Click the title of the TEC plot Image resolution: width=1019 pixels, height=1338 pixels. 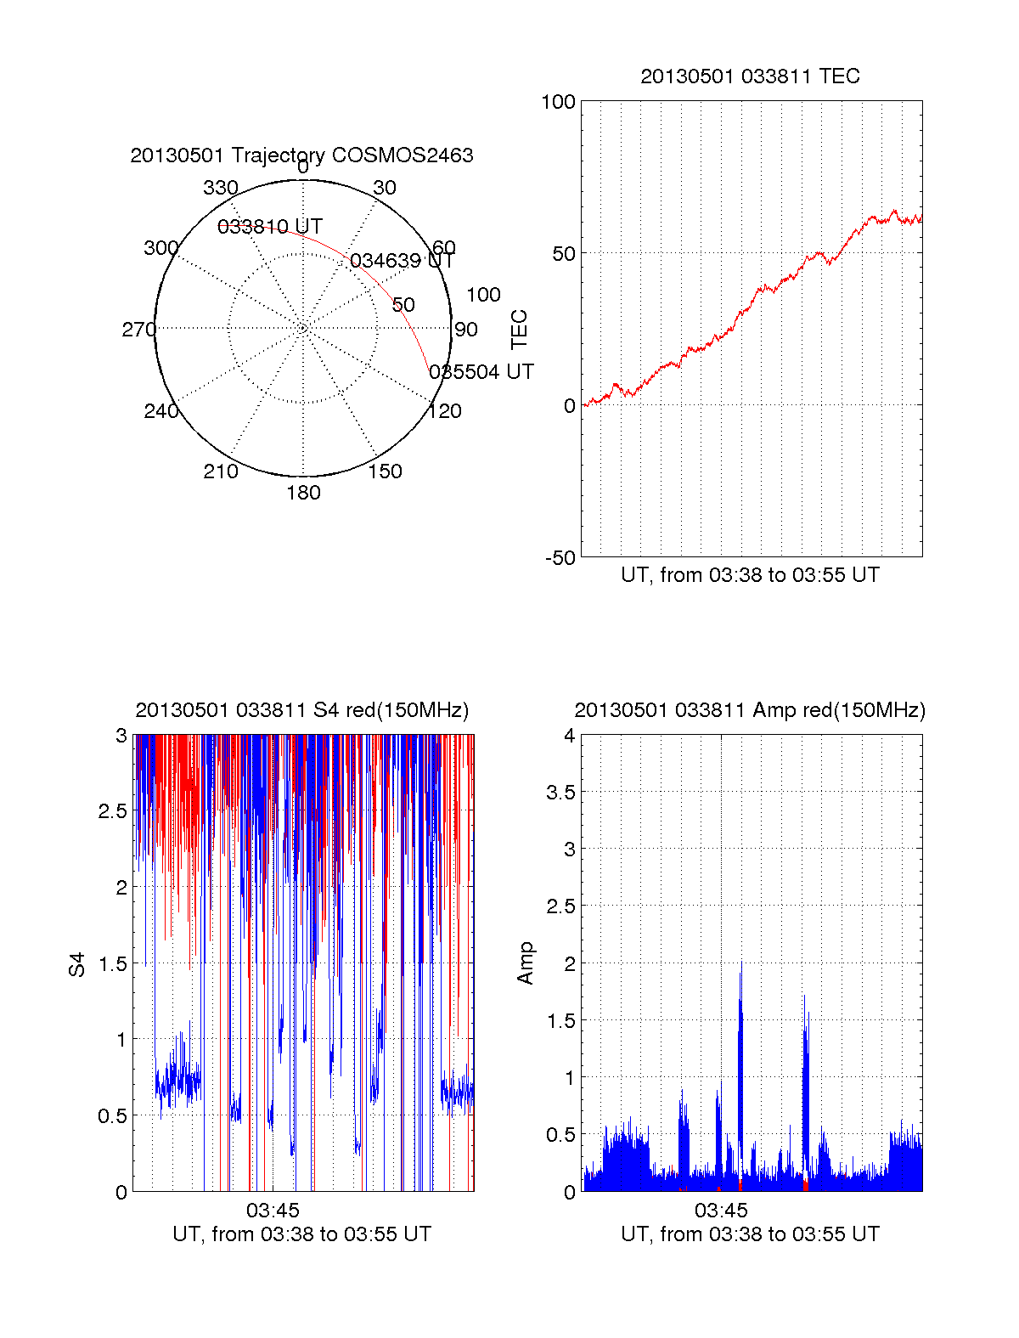click(x=750, y=76)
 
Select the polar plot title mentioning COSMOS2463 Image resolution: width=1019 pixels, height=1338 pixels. click(x=301, y=155)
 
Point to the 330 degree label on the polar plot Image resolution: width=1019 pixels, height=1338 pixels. click(x=221, y=188)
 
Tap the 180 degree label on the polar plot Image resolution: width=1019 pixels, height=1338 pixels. click(x=303, y=493)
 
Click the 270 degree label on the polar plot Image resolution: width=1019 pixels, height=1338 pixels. click(x=138, y=330)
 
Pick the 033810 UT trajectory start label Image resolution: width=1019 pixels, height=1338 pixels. click(x=270, y=227)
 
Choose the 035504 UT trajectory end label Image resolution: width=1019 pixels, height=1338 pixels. click(x=481, y=372)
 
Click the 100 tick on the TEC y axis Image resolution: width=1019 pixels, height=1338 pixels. click(x=558, y=102)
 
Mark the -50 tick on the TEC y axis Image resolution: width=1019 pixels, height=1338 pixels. click(x=560, y=558)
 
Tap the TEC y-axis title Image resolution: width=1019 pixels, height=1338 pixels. click(x=520, y=330)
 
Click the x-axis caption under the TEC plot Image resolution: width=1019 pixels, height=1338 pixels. click(x=750, y=575)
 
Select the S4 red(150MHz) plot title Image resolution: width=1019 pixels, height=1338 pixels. click(x=301, y=710)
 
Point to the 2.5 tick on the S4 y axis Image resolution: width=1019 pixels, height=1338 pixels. click(x=113, y=811)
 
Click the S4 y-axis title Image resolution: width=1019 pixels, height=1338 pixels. click(x=77, y=964)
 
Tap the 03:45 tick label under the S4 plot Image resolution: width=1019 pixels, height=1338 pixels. click(x=273, y=1210)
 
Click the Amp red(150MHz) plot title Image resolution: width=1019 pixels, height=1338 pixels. click(x=750, y=710)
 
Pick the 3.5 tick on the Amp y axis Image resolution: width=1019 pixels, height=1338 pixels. click(x=560, y=793)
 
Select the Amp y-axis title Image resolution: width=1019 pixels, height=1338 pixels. click(x=526, y=963)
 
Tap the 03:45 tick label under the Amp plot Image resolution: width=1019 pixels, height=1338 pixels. click(x=721, y=1210)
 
